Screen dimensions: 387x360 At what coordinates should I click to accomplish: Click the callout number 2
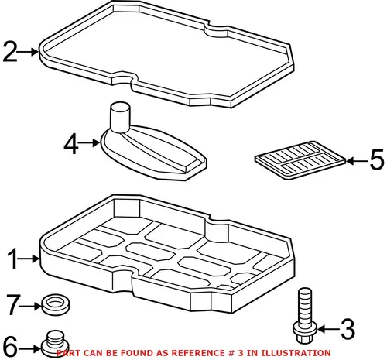point(10,52)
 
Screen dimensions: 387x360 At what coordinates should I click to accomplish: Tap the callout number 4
point(71,143)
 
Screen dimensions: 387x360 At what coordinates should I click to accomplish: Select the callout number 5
point(377,160)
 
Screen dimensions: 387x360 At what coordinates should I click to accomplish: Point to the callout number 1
point(13,259)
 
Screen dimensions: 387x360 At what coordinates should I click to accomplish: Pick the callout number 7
point(13,305)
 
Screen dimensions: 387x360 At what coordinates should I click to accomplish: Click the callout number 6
point(10,346)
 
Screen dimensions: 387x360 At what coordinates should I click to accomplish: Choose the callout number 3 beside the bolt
point(348,329)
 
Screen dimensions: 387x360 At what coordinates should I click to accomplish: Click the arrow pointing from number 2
point(28,52)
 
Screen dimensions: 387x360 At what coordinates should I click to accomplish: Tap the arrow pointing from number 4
point(89,142)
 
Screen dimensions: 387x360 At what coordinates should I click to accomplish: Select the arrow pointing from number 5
point(358,161)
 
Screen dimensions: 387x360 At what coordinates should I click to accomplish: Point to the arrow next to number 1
point(29,259)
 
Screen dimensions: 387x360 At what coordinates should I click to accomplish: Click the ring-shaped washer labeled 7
point(55,303)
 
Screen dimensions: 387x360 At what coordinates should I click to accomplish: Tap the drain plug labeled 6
point(55,343)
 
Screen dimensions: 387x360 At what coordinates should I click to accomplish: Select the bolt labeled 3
point(305,315)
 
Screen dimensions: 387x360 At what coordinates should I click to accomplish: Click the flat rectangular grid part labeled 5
point(300,160)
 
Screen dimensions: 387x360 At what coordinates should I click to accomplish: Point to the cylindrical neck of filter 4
point(120,117)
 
